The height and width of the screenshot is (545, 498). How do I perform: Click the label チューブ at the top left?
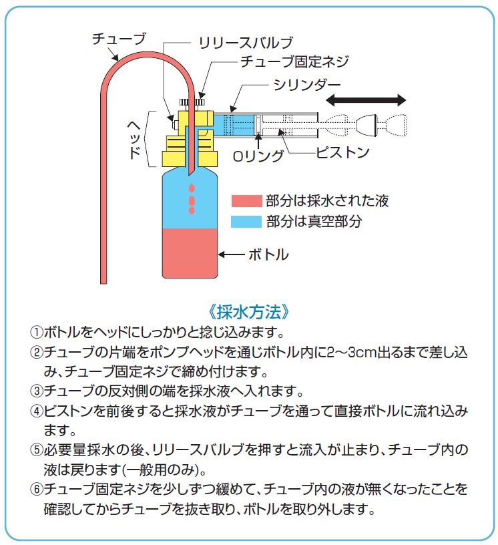pos(119,39)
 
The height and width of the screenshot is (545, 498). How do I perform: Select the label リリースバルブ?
pos(246,43)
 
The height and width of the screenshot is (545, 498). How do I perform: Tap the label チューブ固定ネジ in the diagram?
pos(294,61)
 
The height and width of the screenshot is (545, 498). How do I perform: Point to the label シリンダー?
pos(307,84)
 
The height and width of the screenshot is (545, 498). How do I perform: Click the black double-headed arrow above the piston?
pos(366,100)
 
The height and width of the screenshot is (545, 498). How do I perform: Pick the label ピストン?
pos(342,152)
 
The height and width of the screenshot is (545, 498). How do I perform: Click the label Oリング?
pos(258,156)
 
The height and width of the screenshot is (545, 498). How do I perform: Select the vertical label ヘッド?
pos(134,140)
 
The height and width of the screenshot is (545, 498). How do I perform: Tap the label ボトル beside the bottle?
pos(268,254)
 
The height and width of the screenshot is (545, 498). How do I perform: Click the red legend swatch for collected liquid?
pos(246,201)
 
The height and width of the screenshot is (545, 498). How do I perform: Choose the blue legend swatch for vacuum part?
pos(246,222)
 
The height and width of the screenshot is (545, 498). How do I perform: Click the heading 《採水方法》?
pos(249,312)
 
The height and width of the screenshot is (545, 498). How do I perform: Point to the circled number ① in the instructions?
pos(36,333)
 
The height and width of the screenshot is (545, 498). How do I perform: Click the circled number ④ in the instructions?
pos(36,411)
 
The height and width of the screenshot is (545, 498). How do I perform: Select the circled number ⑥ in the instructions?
pos(36,490)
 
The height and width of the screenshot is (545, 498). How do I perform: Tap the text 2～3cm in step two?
pos(352,353)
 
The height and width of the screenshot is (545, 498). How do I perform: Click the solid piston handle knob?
pos(366,124)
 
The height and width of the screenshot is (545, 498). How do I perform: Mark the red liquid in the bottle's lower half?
pos(190,253)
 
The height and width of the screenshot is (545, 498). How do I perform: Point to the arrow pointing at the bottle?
pos(232,254)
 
